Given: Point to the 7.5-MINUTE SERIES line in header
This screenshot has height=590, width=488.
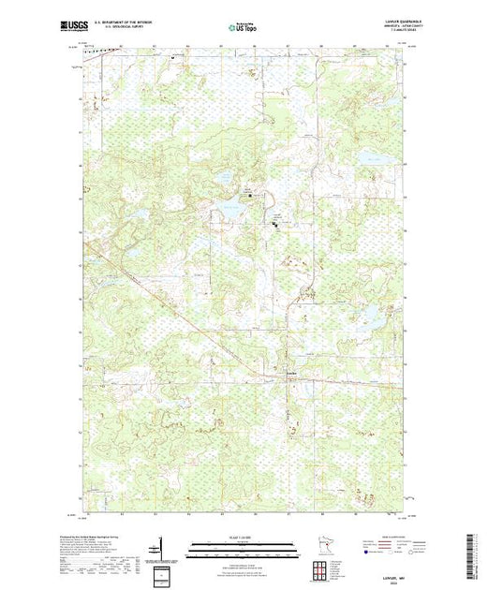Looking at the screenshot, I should [x=385, y=34].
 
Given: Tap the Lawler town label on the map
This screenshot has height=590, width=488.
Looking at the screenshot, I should [x=291, y=376].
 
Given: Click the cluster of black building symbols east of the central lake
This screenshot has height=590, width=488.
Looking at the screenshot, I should [x=275, y=223].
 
